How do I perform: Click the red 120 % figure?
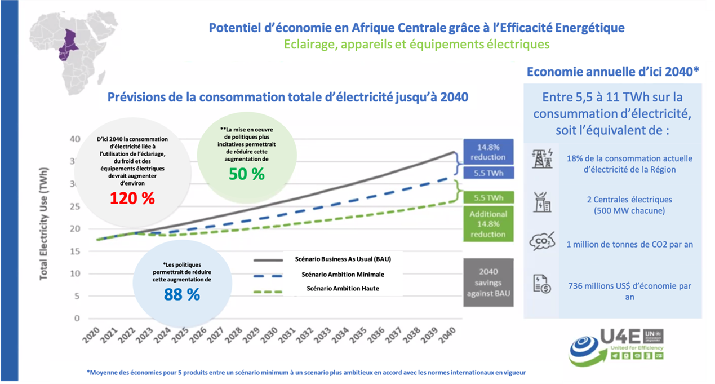coord(132,198)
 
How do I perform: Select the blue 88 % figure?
coord(181,294)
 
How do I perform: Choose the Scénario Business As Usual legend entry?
coord(343,259)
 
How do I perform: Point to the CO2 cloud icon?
coord(542,243)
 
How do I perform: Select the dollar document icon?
coord(542,283)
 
